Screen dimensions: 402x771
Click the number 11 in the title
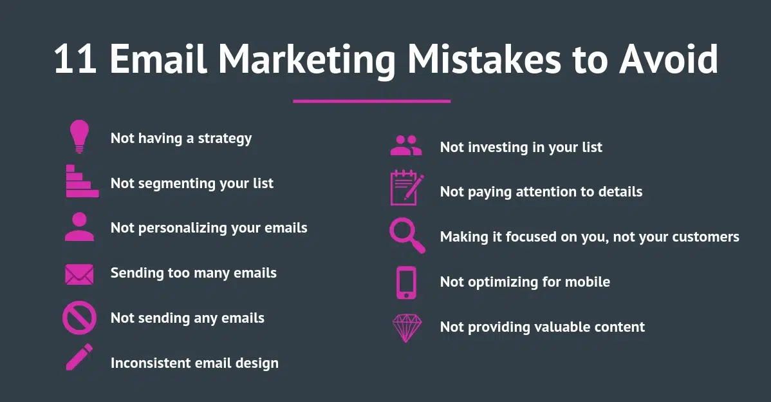coord(75,60)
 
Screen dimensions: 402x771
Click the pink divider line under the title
coord(371,101)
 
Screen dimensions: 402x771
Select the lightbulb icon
coord(79,137)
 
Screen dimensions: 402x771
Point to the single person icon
coord(79,227)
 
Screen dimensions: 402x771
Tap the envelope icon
coord(79,274)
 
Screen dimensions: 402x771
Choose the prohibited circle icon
coord(79,318)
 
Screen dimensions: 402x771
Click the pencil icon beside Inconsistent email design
coord(79,358)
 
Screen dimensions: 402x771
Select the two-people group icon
coord(406,146)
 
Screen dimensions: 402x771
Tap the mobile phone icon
coord(406,282)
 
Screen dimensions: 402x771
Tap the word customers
coord(705,237)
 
